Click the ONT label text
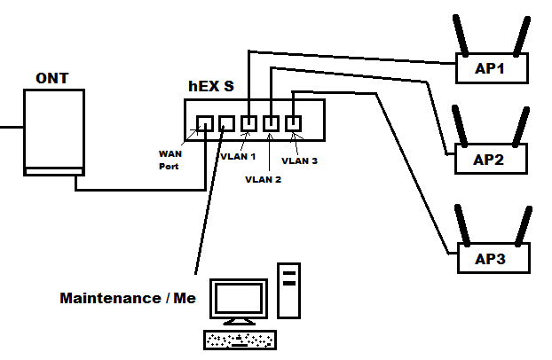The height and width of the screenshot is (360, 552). click(51, 79)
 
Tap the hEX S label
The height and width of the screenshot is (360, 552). click(211, 86)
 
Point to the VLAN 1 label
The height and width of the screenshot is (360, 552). click(237, 156)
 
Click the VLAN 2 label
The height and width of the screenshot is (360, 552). click(263, 178)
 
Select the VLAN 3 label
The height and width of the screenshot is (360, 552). click(299, 160)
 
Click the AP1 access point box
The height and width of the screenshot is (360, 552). click(492, 68)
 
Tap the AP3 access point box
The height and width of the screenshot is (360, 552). click(493, 259)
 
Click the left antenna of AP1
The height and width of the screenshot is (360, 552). click(461, 35)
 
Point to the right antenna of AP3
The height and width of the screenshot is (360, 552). click(523, 225)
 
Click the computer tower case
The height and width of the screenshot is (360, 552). click(288, 289)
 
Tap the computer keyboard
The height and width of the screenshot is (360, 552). click(240, 340)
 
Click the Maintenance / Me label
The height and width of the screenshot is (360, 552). click(128, 298)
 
